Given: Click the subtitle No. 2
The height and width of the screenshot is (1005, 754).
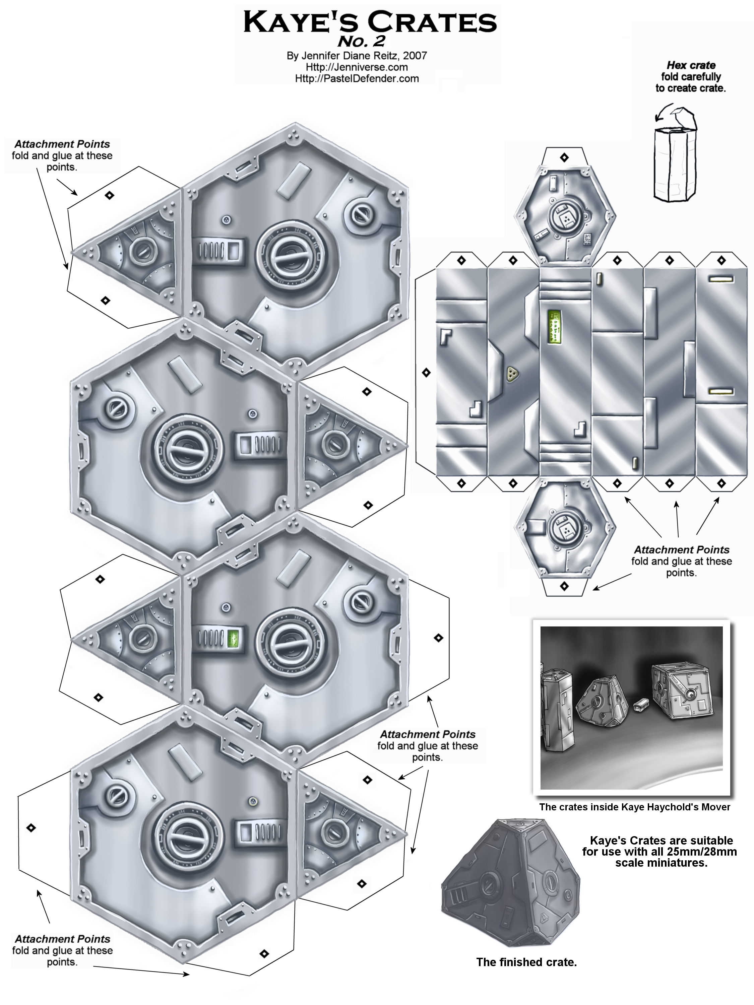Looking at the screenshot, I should (361, 41).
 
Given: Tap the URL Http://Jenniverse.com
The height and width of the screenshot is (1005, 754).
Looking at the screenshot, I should (357, 67).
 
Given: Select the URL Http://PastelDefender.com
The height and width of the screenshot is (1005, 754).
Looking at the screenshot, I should (357, 79).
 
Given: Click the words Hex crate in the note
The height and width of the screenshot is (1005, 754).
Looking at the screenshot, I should (691, 65).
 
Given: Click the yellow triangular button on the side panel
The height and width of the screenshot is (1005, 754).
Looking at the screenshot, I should (513, 373).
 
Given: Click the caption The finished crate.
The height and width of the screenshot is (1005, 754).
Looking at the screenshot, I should (526, 962).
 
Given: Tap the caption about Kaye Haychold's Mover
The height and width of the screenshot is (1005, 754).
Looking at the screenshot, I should (634, 807).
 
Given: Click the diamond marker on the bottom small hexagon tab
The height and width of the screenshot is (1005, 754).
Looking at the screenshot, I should (564, 586).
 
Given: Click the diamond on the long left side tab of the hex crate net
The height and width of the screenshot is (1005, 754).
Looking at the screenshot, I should (426, 373).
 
